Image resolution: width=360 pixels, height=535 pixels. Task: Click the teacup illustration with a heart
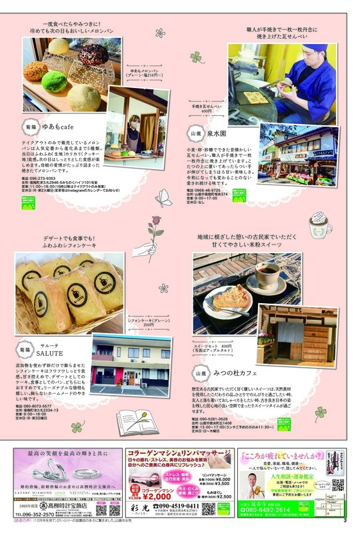coord(318,229)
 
